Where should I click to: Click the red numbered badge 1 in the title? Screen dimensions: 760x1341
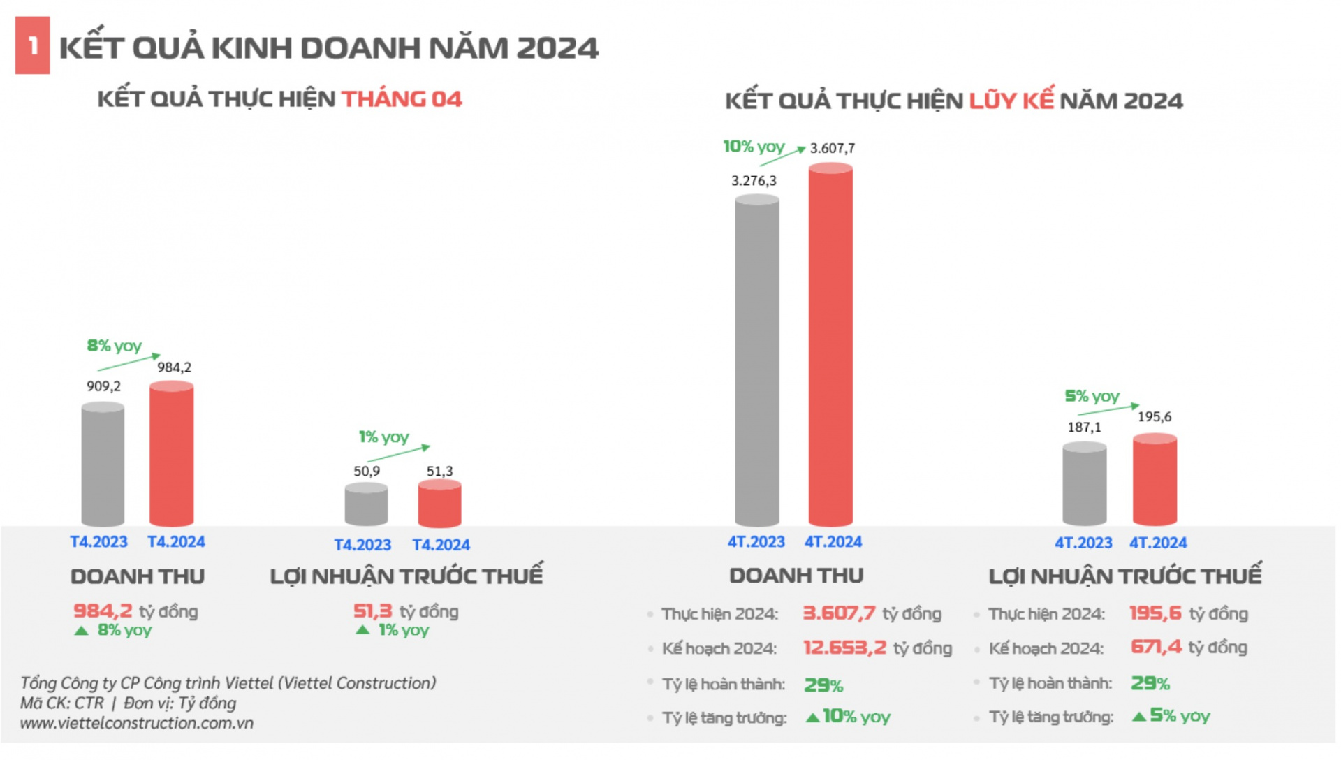click(x=32, y=46)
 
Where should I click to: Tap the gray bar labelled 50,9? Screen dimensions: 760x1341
click(x=366, y=504)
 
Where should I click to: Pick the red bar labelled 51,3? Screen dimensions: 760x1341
click(x=439, y=504)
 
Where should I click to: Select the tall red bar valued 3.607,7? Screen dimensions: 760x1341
click(x=830, y=346)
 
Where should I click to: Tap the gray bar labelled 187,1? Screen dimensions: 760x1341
click(x=1084, y=483)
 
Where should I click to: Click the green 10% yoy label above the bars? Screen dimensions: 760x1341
click(x=754, y=147)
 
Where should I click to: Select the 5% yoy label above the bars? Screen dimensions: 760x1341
click(x=1092, y=396)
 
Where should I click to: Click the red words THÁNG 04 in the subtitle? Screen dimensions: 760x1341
click(x=402, y=99)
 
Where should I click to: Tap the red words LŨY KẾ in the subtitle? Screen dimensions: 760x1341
click(x=1011, y=101)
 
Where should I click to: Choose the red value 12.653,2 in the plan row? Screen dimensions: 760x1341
click(x=844, y=648)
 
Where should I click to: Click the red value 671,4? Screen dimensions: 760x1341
click(x=1156, y=647)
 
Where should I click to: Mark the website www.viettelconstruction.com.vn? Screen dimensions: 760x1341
click(x=136, y=723)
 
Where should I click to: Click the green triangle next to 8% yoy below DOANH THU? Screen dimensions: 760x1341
click(x=82, y=631)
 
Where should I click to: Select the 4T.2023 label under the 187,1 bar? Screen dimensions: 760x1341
click(x=1083, y=543)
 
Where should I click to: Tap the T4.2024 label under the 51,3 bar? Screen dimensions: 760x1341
click(x=441, y=545)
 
